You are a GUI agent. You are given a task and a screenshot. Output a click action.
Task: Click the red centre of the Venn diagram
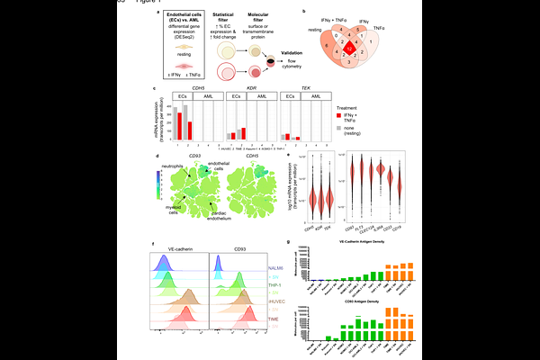[x=350, y=49]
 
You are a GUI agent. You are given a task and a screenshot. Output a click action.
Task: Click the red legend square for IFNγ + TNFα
[x=340, y=116]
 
